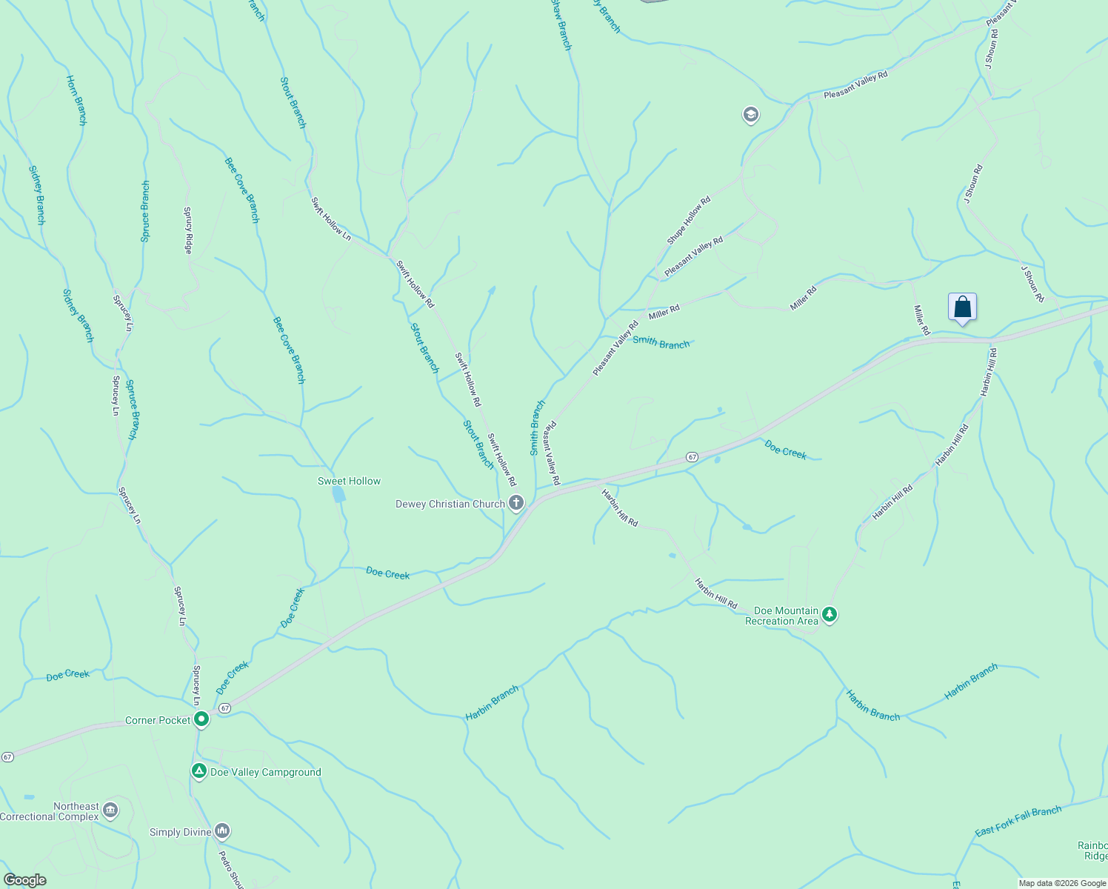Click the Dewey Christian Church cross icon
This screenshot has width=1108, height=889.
pos(516,504)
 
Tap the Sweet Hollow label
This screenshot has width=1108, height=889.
pos(349,482)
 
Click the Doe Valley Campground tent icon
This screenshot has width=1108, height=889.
pos(198,771)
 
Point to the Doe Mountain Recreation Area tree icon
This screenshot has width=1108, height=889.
pos(830,614)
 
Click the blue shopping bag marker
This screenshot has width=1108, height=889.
pos(962,307)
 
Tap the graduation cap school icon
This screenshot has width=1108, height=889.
pos(750,115)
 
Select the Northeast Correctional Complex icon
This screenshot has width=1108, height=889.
pos(110,810)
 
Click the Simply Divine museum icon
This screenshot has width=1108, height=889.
pos(222,831)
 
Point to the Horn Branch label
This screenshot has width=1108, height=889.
pos(76,100)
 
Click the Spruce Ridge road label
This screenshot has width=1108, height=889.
pos(188,230)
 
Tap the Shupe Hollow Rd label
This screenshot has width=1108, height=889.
pos(689,220)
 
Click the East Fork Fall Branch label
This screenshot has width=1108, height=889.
pos(1018,821)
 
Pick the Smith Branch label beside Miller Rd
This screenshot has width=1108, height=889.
pos(661,343)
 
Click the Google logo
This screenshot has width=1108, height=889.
pos(25,880)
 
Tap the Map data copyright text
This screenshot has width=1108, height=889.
pos(1062,883)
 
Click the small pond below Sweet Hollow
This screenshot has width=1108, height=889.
pos(338,494)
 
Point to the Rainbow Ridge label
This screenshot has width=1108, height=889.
pos(1092,850)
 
